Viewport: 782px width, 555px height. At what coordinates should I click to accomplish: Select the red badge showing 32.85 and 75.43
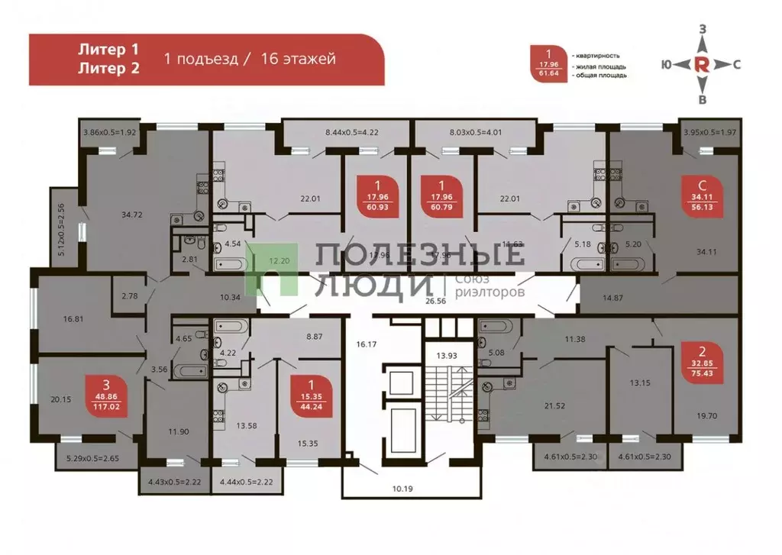coord(701,359)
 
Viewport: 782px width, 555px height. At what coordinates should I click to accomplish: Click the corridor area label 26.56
coord(435,301)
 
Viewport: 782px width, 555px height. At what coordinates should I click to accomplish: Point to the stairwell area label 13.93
coord(447,356)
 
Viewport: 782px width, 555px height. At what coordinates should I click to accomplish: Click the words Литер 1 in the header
coord(108,50)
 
